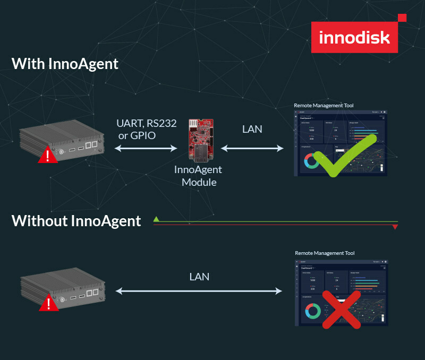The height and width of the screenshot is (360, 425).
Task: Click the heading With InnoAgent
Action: pyautogui.click(x=65, y=64)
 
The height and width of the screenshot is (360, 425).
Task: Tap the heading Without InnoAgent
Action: pyautogui.click(x=76, y=220)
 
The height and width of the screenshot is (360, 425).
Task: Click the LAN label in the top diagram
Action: pyautogui.click(x=252, y=129)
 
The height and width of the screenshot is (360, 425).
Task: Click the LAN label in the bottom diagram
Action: pyautogui.click(x=199, y=277)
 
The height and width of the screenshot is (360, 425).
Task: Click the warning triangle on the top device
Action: pyautogui.click(x=48, y=156)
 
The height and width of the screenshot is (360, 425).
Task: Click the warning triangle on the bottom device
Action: pyautogui.click(x=48, y=303)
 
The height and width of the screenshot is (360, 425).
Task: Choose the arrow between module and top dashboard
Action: pyautogui.click(x=252, y=149)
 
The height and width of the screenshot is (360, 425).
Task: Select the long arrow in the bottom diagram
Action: pyautogui.click(x=199, y=291)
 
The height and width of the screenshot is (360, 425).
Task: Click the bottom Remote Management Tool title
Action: pyautogui.click(x=325, y=254)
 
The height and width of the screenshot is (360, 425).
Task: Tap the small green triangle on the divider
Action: pyautogui.click(x=156, y=219)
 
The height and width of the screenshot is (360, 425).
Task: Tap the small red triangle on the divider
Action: pyautogui.click(x=395, y=227)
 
